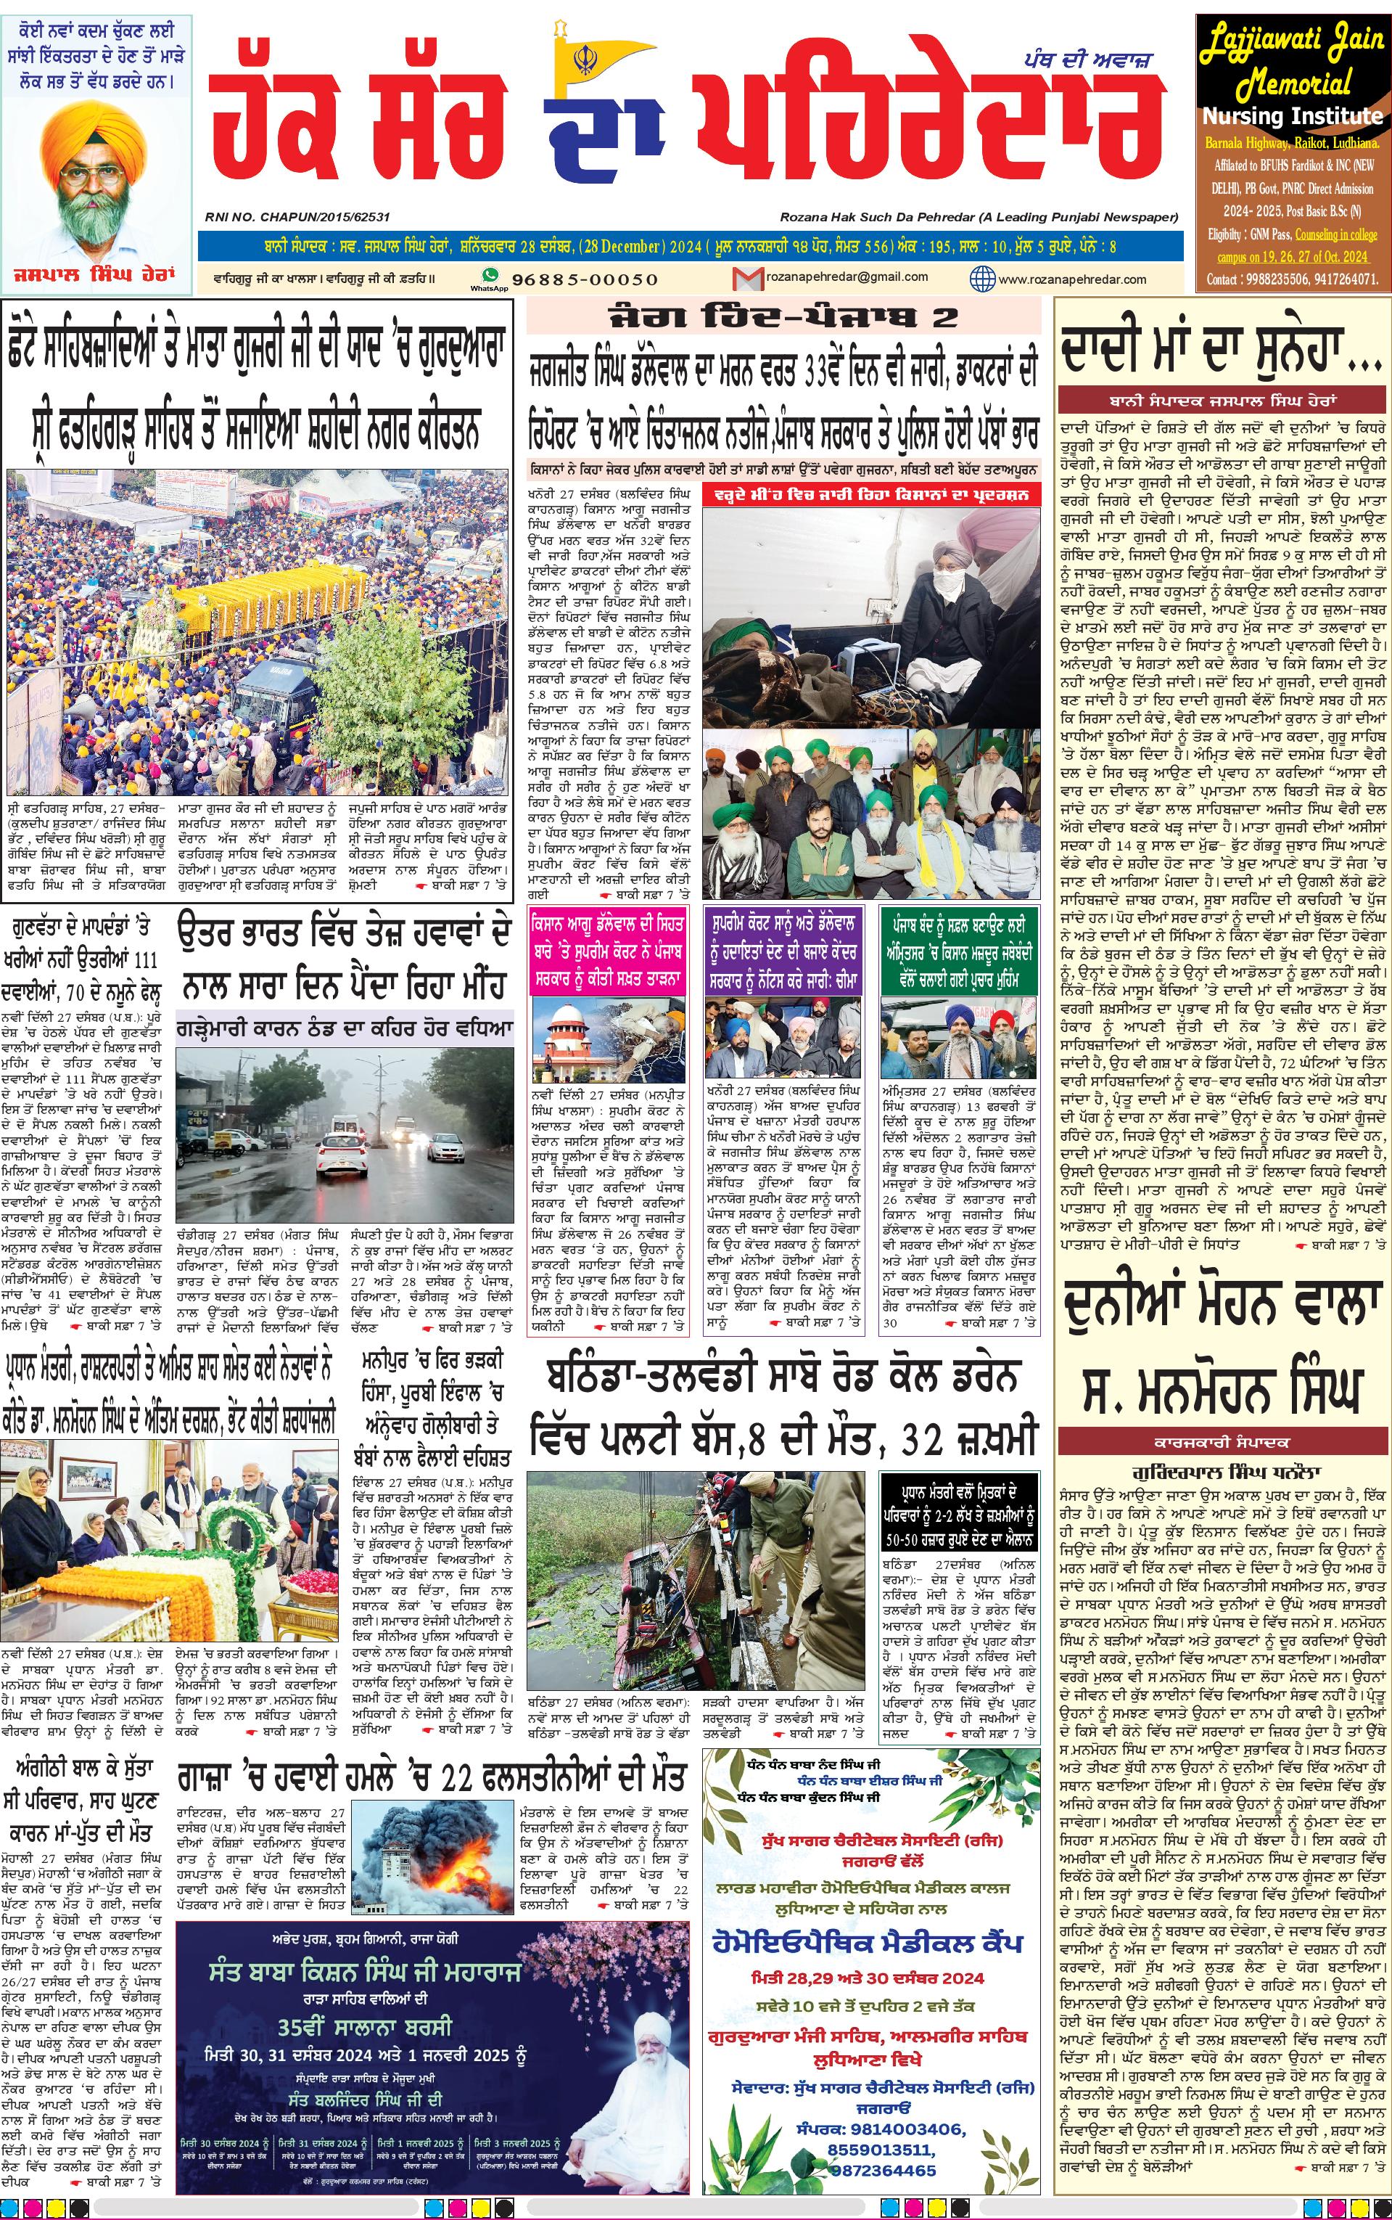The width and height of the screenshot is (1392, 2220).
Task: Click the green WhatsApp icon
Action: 490,275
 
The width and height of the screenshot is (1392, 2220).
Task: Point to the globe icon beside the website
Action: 983,278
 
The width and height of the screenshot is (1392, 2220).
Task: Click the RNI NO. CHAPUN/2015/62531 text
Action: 298,217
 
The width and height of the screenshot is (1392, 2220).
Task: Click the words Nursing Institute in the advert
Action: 1292,117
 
